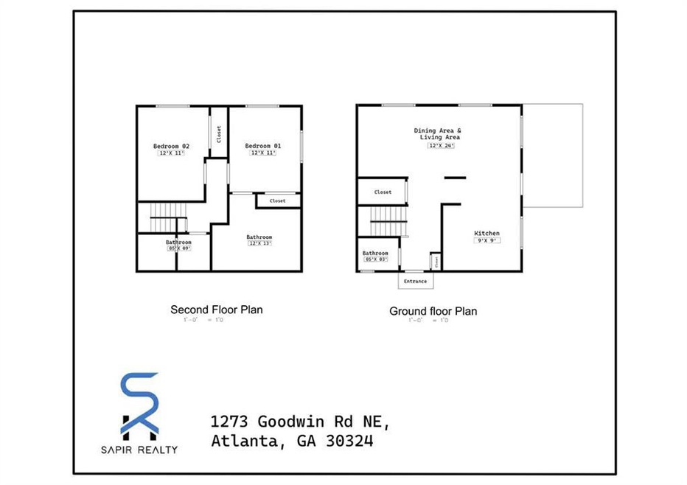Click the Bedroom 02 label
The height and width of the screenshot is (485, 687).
point(172,146)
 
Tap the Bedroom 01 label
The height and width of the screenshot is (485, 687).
point(263,146)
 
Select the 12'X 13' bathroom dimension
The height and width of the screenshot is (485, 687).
point(259,243)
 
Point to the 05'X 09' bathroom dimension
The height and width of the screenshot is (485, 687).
point(178,248)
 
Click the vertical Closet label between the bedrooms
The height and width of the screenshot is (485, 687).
point(219,133)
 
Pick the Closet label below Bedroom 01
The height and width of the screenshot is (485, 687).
point(277,200)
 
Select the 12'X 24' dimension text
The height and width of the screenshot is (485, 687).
point(440,146)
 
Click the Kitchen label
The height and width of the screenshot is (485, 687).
point(487,234)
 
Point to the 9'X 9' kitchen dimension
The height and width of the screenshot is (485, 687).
point(487,240)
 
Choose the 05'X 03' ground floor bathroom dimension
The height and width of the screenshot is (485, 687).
point(375,259)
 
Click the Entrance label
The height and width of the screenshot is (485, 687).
point(415,281)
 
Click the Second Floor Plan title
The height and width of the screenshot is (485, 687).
point(216,310)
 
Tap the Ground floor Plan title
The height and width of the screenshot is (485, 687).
point(433,311)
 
